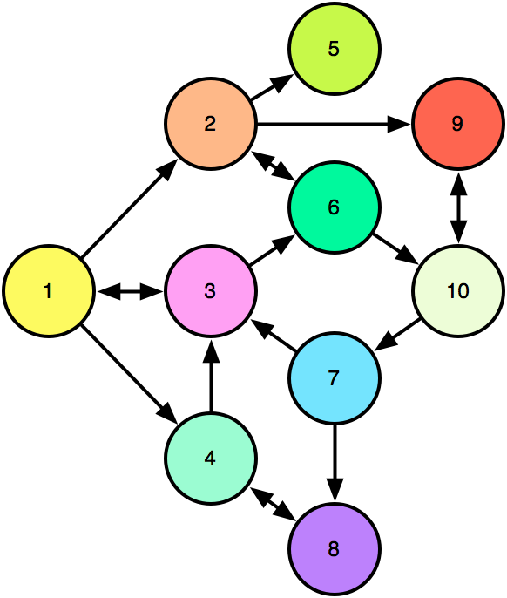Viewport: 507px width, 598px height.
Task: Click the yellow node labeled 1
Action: (49, 291)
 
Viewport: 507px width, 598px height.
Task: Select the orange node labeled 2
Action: (211, 124)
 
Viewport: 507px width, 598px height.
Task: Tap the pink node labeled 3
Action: (211, 291)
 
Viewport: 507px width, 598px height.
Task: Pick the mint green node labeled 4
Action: (211, 459)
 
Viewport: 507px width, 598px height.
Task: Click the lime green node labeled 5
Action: (335, 49)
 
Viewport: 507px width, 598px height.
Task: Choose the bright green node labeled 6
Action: (335, 207)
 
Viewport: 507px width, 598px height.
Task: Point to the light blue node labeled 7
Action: (335, 378)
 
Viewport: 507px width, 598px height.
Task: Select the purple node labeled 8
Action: (335, 549)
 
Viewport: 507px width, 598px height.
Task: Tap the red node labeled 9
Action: (458, 124)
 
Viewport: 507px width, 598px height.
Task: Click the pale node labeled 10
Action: (458, 291)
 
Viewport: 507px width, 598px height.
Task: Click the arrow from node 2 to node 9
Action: (334, 124)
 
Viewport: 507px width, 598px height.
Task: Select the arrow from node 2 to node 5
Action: (272, 87)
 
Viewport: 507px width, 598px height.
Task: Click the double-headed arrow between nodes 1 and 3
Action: (130, 291)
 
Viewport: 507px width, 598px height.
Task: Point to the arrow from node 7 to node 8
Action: (335, 462)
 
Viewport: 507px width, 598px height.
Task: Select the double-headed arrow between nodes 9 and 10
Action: (458, 207)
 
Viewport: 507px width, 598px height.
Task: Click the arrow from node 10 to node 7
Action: (398, 335)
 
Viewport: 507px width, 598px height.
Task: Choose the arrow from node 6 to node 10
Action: (395, 248)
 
